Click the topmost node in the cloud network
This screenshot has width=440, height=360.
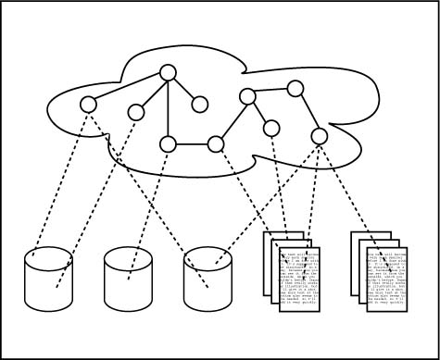168,73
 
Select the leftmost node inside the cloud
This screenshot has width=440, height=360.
88,104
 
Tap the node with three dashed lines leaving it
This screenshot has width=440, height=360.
319,136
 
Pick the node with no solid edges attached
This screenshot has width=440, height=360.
136,112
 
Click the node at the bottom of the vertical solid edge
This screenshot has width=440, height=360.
168,143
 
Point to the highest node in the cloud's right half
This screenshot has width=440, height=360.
295,89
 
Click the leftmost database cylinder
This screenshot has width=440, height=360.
48,278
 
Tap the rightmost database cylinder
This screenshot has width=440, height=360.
208,278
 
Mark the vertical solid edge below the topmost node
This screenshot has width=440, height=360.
168,109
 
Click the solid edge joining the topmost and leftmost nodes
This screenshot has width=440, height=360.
128,88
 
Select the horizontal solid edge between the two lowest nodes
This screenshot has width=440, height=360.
192,143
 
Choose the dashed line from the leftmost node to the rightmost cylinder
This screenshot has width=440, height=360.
139,185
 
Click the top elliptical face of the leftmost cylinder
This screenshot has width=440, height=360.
48,255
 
